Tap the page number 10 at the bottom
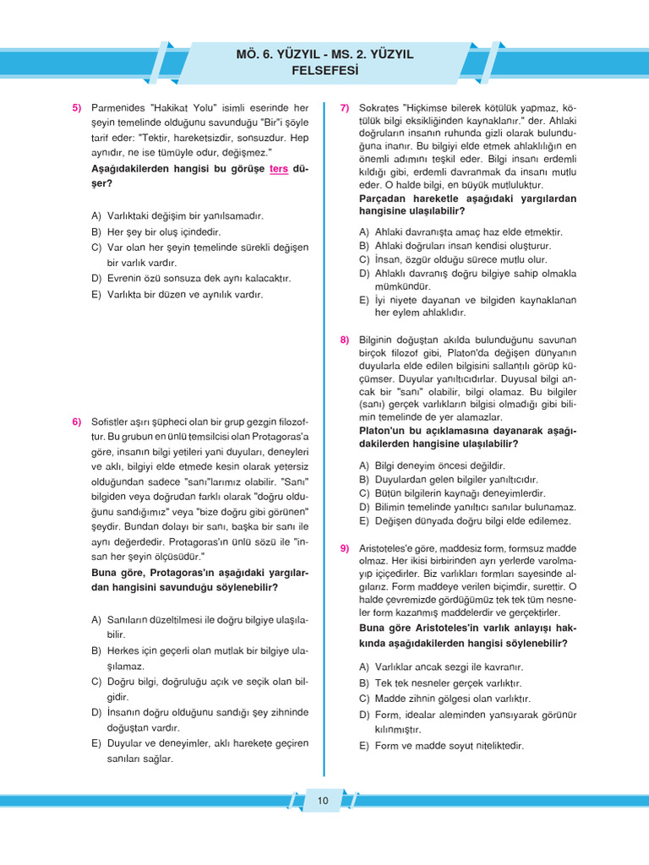(323, 800)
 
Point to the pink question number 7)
(345, 108)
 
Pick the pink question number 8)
(345, 340)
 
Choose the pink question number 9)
(345, 548)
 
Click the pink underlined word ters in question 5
(279, 169)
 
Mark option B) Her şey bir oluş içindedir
(155, 231)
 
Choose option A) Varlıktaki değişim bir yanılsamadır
(177, 215)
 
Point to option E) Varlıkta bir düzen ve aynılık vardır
(177, 295)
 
